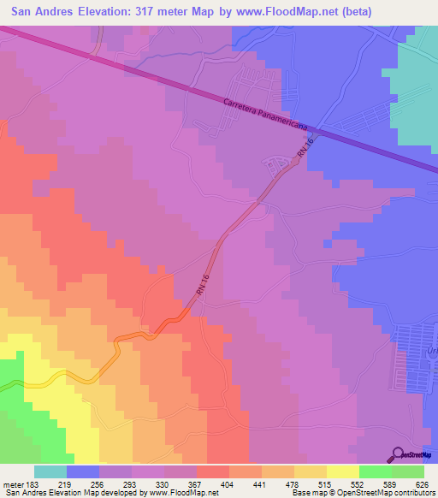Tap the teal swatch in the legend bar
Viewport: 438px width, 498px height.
pos(50,472)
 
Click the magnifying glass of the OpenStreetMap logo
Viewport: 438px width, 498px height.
pos(397,454)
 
